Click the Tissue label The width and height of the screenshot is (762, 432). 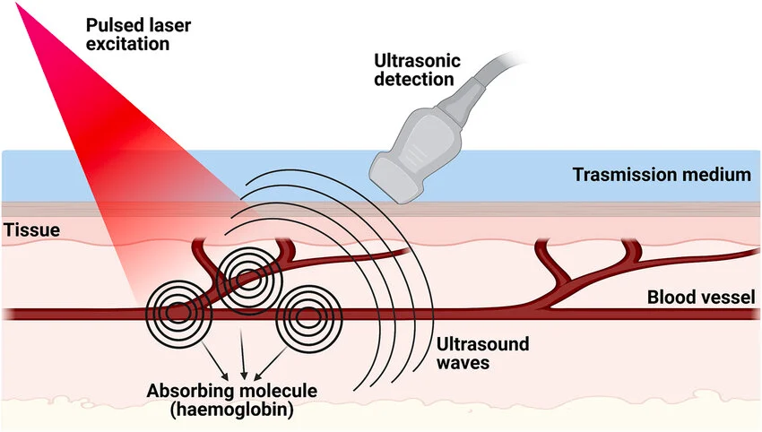pos(32,230)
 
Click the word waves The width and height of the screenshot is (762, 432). pos(460,365)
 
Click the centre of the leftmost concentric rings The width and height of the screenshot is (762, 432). pos(178,313)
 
